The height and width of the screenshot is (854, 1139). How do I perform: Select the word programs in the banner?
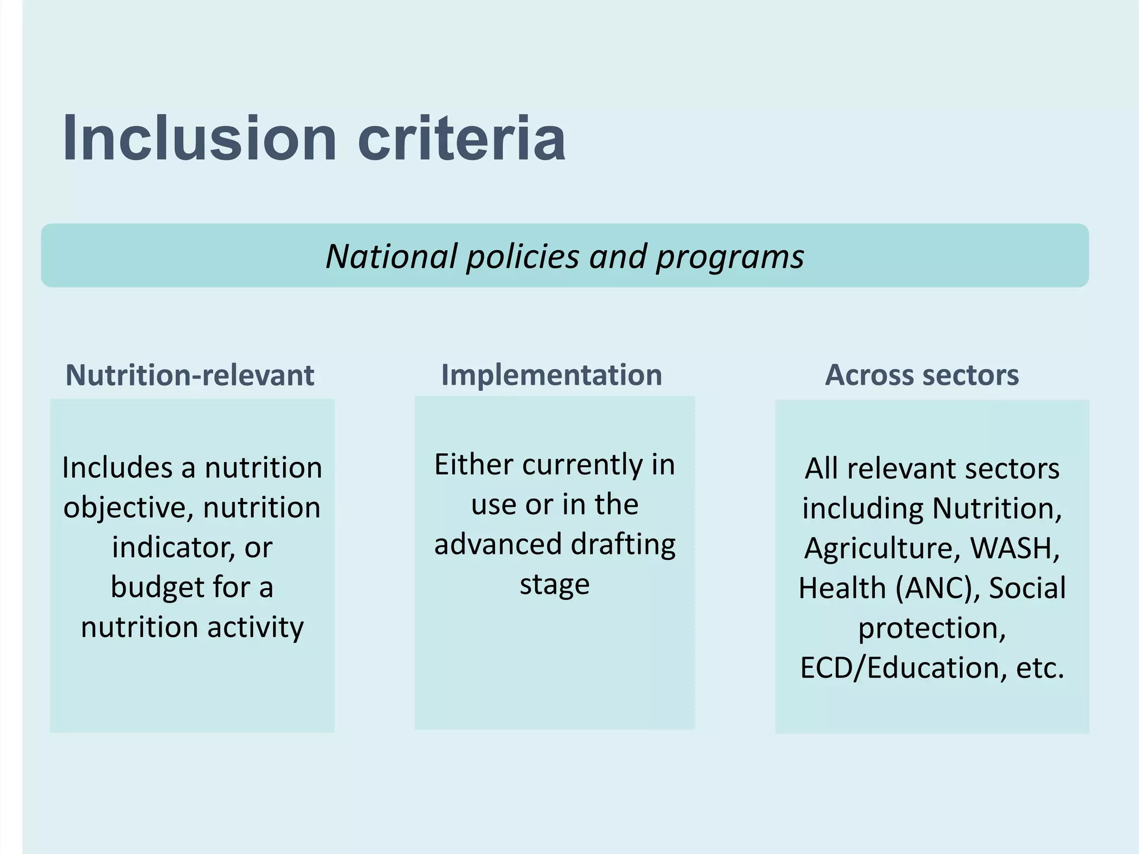730,257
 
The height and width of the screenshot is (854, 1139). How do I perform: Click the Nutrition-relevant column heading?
190,375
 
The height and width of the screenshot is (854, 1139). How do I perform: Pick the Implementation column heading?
551,375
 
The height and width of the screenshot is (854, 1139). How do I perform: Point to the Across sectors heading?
922,375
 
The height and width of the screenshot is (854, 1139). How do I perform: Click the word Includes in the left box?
117,467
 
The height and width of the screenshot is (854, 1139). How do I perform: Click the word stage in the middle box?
554,584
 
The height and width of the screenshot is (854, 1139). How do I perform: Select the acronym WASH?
1015,548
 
